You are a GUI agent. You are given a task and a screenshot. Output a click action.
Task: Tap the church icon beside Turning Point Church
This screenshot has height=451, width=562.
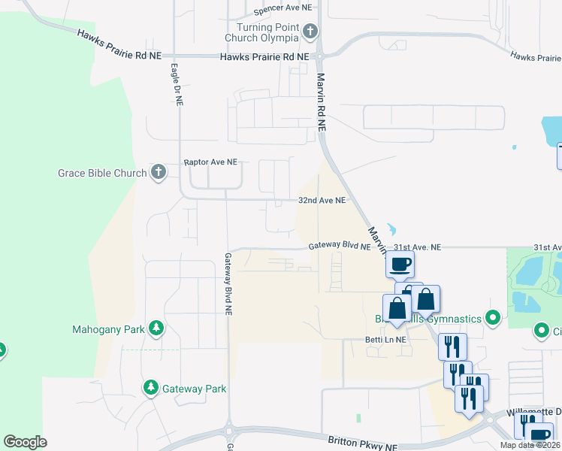pyautogui.click(x=310, y=32)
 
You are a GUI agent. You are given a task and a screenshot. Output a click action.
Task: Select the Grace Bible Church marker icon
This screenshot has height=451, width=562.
pyautogui.click(x=158, y=173)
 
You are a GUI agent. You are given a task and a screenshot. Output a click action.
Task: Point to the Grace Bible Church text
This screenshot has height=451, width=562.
pyautogui.click(x=102, y=174)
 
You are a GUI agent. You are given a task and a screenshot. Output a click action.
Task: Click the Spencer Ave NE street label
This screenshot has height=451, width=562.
pyautogui.click(x=283, y=8)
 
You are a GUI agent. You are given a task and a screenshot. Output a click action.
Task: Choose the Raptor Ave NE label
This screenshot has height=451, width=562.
pyautogui.click(x=210, y=162)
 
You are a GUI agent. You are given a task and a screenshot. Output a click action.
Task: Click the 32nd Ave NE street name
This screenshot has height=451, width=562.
pyautogui.click(x=322, y=201)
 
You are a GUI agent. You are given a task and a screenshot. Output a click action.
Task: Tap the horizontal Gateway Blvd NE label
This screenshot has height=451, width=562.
pyautogui.click(x=340, y=247)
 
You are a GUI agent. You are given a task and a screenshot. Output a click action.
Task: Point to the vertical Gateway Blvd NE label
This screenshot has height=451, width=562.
pyautogui.click(x=228, y=282)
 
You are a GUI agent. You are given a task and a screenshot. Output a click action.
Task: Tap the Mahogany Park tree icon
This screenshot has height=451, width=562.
pyautogui.click(x=156, y=328)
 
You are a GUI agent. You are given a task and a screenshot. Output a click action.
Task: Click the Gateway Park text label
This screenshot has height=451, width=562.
pyautogui.click(x=195, y=389)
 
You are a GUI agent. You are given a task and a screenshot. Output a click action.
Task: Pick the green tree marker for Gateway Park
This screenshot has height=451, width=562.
pyautogui.click(x=150, y=388)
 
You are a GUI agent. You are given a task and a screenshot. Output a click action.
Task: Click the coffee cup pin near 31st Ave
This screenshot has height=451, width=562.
pyautogui.click(x=400, y=264)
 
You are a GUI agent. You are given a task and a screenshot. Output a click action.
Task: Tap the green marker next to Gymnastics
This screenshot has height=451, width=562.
pyautogui.click(x=493, y=318)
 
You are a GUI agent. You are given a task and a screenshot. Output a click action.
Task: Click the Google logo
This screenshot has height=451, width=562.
pyautogui.click(x=25, y=442)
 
